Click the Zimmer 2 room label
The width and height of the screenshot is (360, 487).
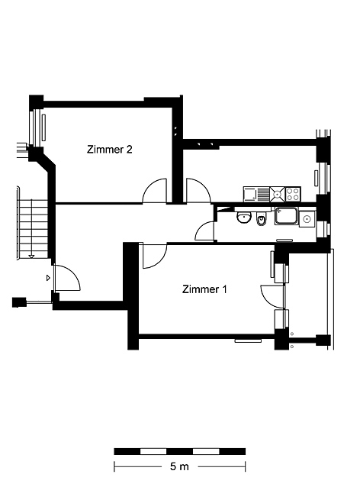point(110,150)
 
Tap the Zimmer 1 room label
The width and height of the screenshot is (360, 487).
point(204,289)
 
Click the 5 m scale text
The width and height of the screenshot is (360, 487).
point(179,466)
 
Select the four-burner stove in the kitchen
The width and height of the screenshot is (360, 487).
point(293,194)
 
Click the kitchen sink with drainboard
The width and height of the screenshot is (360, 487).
point(257,194)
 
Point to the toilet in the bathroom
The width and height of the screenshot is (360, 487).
point(262,218)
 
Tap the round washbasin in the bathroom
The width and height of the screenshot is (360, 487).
point(244,217)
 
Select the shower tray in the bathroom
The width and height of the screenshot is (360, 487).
point(286,216)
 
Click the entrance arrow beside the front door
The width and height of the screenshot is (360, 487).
point(48,278)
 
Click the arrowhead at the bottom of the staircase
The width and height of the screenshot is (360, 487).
point(31,256)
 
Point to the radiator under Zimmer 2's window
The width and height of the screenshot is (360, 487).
point(43,127)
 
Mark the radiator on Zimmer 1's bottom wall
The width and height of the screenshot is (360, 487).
point(248,340)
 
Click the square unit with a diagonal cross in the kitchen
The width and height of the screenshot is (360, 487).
point(278,194)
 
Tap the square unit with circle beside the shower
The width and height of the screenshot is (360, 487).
point(307,219)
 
